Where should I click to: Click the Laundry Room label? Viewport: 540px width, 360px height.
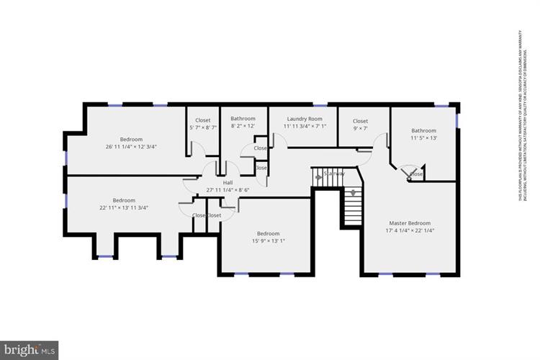[304, 119]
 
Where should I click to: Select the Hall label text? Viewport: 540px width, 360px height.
[228, 183]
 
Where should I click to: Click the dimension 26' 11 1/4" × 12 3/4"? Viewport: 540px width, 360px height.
[131, 147]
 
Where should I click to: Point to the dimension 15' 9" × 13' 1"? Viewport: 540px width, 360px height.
[268, 241]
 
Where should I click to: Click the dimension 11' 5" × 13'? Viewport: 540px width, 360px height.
[424, 138]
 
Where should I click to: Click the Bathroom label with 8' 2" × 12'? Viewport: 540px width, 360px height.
[243, 119]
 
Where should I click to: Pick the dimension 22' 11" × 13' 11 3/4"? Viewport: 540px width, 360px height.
[124, 208]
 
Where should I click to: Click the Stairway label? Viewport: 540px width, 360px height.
[334, 174]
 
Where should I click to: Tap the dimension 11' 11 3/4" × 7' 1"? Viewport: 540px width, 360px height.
[304, 127]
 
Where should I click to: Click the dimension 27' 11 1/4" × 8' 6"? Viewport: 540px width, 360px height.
[228, 190]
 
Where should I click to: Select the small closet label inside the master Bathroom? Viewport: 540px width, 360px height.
[416, 174]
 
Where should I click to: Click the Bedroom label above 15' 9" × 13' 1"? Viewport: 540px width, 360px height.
[268, 233]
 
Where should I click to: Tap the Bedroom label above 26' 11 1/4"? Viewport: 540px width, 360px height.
[131, 139]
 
